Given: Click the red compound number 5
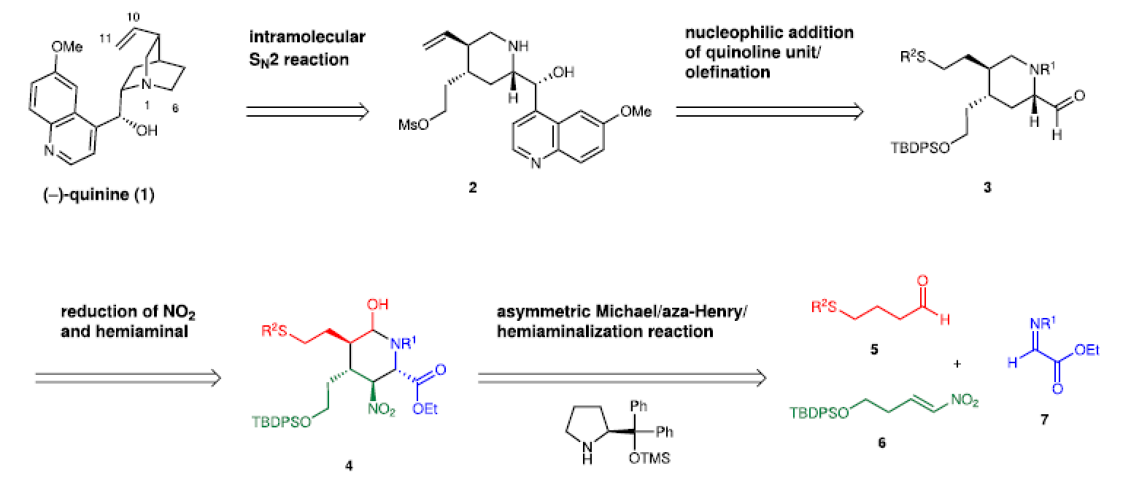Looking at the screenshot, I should pos(876,350).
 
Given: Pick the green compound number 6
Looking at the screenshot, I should pos(882,442).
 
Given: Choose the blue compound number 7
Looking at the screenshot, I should pos(1044,421).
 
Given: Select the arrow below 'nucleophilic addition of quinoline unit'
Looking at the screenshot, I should pos(768,112).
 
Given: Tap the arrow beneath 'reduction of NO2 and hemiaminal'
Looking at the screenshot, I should pos(128,377).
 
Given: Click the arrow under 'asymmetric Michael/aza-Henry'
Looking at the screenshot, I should pos(622,377).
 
